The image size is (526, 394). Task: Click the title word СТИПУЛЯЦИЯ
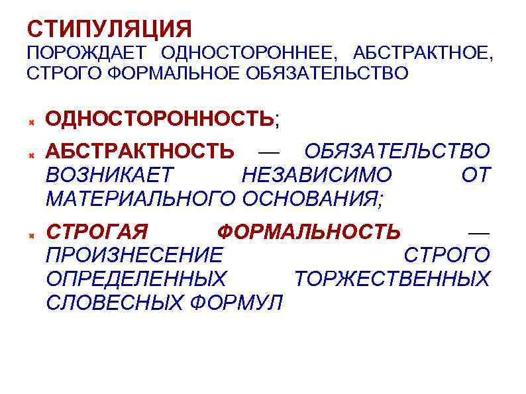(x=109, y=28)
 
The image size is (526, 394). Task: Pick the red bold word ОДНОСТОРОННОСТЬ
(x=159, y=119)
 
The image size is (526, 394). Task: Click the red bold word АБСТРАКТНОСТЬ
(x=140, y=151)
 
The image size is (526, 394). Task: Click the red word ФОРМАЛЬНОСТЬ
(x=309, y=232)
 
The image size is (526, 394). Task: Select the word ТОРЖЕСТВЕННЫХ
(x=391, y=278)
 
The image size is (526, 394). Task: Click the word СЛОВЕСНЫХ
(x=115, y=302)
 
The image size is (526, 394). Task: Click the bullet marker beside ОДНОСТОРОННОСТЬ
(x=31, y=123)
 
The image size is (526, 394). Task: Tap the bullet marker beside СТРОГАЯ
(x=31, y=236)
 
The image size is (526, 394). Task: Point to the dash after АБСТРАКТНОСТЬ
(x=268, y=152)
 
